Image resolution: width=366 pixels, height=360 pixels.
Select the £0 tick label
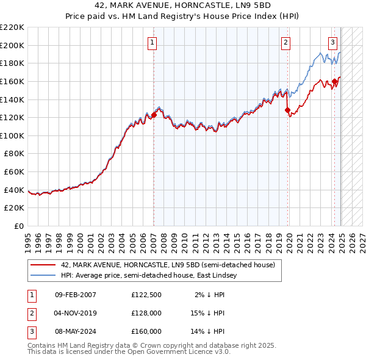20,226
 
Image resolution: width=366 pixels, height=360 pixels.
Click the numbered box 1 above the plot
151,42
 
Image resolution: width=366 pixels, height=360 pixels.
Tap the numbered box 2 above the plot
285,42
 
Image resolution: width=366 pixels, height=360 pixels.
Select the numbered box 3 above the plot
332,42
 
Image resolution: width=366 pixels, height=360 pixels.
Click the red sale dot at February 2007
154,115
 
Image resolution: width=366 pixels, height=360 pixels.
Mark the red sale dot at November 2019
288,110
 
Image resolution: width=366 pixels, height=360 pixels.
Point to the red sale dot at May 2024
335,81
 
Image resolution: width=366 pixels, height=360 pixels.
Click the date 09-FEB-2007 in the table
76,295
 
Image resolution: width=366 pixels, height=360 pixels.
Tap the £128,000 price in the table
146,313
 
